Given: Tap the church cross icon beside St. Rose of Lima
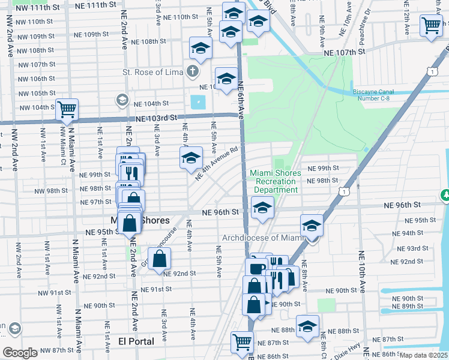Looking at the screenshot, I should click(192, 72).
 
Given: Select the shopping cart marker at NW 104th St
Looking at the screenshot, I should click(67, 110).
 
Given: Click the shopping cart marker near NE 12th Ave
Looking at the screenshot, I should click(431, 26).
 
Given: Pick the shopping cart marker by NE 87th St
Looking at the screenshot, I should click(242, 343).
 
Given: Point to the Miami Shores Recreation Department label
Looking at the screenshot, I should click(274, 181).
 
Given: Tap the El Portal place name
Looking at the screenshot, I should click(136, 341).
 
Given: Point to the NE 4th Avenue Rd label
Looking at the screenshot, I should click(218, 164).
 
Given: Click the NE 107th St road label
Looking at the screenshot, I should click(344, 52).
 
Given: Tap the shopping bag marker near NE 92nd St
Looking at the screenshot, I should click(159, 259).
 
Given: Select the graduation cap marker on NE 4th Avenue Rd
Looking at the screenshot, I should click(191, 159).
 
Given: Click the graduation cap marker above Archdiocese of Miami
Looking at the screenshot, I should click(312, 226).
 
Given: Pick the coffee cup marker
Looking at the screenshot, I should click(256, 268).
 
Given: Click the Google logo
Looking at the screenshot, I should click(20, 352).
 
